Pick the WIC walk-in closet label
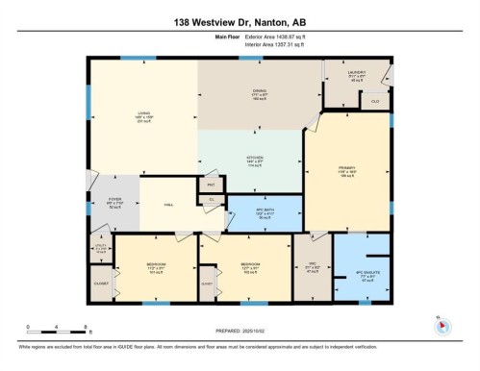[312, 268]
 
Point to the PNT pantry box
[211, 183]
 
